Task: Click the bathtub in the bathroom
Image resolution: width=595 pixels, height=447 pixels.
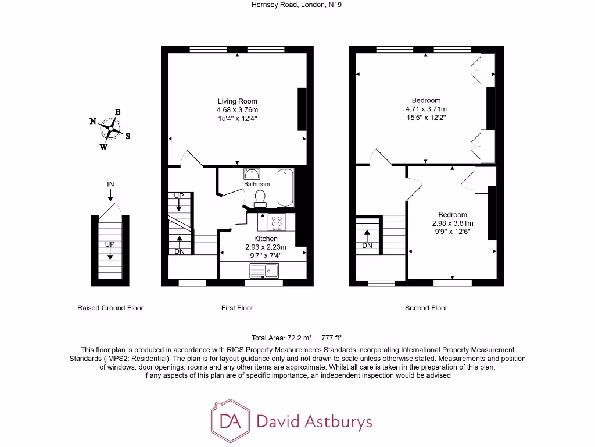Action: (x=285, y=187)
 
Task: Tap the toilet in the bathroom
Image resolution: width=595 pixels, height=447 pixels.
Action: (x=260, y=198)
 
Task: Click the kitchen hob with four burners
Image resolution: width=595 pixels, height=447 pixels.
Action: (x=277, y=222)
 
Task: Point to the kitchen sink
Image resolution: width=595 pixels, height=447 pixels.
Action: (x=264, y=270)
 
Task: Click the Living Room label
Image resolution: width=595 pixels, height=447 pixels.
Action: (x=237, y=101)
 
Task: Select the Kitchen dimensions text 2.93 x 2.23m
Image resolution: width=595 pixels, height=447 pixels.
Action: (x=266, y=247)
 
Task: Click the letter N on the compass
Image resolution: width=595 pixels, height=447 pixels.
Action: (x=92, y=121)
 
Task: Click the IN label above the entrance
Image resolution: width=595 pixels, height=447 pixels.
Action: (x=110, y=185)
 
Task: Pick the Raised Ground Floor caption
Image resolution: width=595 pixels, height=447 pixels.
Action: (x=110, y=308)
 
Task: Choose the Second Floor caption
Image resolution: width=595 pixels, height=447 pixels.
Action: (x=426, y=308)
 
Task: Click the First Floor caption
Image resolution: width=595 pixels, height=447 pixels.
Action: (x=237, y=308)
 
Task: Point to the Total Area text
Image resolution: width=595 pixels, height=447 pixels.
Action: (x=296, y=338)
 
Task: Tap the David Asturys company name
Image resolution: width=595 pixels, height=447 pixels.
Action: (x=314, y=421)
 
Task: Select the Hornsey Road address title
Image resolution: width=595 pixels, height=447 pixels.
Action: (x=284, y=5)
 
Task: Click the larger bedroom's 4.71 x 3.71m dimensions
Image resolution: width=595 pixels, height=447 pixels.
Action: (x=426, y=109)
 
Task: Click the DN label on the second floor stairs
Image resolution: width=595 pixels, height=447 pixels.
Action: (x=367, y=246)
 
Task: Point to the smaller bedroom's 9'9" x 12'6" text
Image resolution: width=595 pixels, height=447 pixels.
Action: (x=453, y=232)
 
